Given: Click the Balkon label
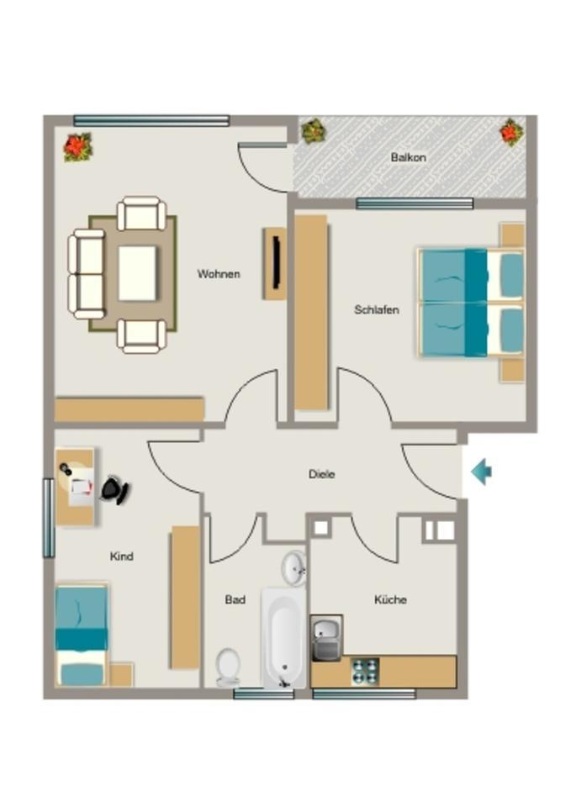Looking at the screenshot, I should [408, 157].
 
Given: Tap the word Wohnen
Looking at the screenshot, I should [219, 274].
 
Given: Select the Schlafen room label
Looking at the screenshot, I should [376, 309].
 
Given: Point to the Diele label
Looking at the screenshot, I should [321, 474].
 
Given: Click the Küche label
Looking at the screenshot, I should [390, 599].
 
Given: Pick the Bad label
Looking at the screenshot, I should [235, 599].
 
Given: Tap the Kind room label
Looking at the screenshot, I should [121, 556].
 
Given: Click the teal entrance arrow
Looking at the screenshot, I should [481, 472].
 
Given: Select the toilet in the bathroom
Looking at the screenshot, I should [227, 666].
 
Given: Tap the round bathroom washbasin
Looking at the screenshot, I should [293, 568].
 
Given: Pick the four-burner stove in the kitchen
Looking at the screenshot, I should [365, 671].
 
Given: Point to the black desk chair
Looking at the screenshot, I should [115, 489].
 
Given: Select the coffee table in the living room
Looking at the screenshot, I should [137, 273].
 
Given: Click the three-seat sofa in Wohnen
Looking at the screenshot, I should [86, 273].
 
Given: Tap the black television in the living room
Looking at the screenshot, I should [275, 263].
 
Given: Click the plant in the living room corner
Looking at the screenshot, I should [77, 147].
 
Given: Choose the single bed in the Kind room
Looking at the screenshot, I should [82, 635].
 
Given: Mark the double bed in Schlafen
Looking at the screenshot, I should [471, 303].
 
